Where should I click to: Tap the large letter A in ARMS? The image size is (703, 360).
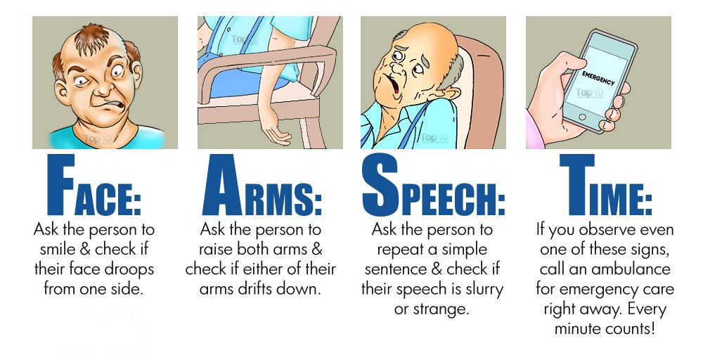pyautogui.click(x=222, y=185)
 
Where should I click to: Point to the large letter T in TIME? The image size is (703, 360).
pyautogui.click(x=577, y=185)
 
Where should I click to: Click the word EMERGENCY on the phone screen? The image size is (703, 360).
pyautogui.click(x=598, y=77)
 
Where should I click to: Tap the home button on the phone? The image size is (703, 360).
pyautogui.click(x=582, y=117)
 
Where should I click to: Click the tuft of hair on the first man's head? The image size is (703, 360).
pyautogui.click(x=93, y=39)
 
